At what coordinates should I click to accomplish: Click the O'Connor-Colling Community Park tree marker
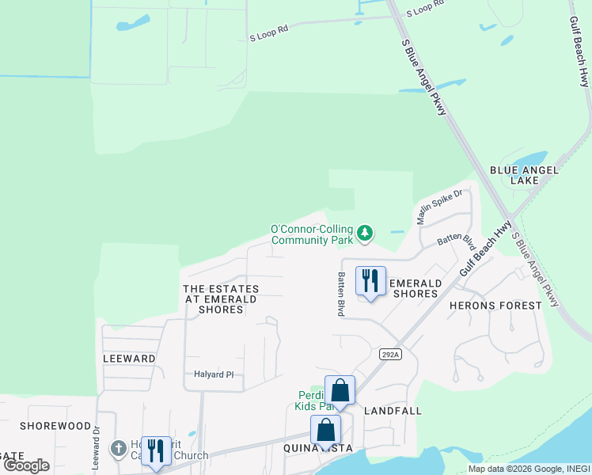pyautogui.click(x=365, y=233)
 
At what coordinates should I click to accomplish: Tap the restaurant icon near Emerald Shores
pyautogui.click(x=370, y=282)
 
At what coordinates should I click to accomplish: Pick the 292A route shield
pyautogui.click(x=389, y=354)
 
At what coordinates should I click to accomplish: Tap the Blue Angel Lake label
pyautogui.click(x=526, y=175)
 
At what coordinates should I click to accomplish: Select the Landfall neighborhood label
pyautogui.click(x=393, y=411)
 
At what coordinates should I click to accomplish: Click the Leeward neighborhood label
pyautogui.click(x=129, y=359)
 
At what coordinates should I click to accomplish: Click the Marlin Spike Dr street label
pyautogui.click(x=439, y=207)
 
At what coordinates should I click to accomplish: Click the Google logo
pyautogui.click(x=27, y=465)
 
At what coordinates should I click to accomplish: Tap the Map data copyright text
pyautogui.click(x=529, y=469)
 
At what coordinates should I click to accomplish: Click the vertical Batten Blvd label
pyautogui.click(x=341, y=294)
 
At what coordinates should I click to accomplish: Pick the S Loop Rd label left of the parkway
pyautogui.click(x=269, y=36)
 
